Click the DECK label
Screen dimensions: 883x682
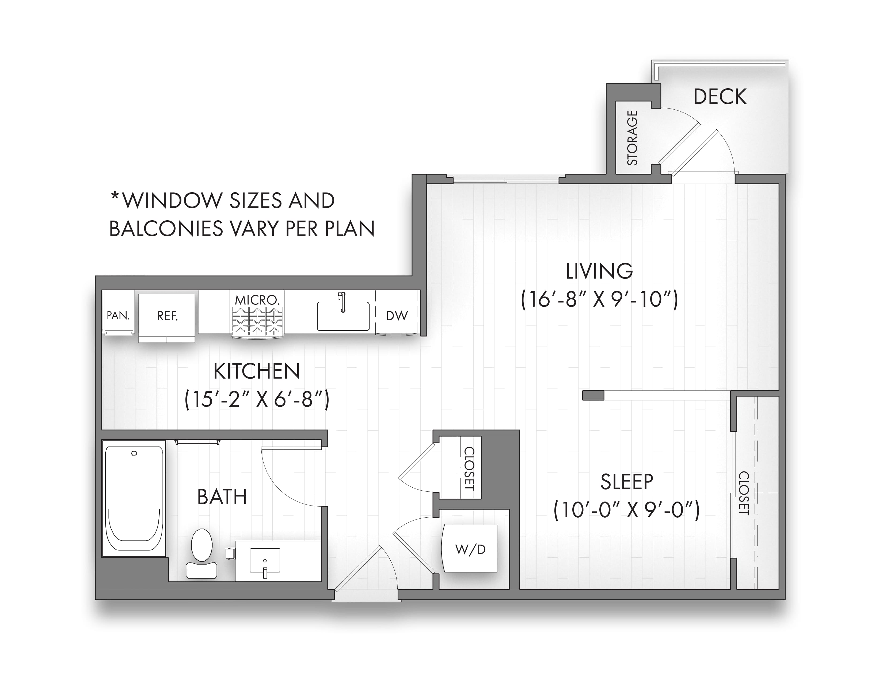(720, 97)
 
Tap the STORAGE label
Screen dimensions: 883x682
(632, 138)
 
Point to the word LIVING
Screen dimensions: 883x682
(599, 271)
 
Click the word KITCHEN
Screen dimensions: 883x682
(257, 371)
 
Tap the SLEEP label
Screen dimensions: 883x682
(627, 481)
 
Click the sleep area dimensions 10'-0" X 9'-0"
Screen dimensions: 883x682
(627, 510)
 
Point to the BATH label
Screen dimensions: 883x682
(222, 496)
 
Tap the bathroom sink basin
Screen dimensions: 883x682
(265, 560)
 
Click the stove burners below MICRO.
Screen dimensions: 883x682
(257, 322)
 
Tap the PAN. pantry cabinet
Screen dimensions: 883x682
(118, 314)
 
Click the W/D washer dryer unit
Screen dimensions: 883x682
(470, 548)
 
